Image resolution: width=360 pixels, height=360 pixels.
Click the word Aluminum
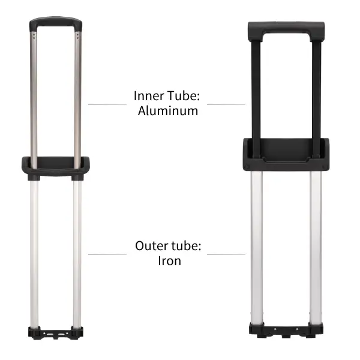coord(167,110)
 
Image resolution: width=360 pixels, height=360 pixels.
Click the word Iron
coord(169,260)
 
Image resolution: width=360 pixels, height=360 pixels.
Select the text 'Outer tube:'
coord(167,246)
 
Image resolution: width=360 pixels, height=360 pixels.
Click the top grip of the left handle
coord(55,23)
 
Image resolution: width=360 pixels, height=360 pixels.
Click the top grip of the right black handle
coord(286,29)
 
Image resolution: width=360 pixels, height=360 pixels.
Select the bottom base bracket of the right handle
coord(286,330)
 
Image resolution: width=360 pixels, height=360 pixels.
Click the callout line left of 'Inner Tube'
coord(107,104)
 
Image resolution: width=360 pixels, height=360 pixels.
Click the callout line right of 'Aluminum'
coord(226,104)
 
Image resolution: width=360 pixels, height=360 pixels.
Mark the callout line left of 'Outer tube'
coord(107,253)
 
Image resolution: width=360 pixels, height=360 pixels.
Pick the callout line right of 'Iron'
coord(226,253)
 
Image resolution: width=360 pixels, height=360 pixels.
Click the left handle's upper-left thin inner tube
coord(34,96)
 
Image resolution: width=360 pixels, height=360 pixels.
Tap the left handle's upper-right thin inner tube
coord(77,96)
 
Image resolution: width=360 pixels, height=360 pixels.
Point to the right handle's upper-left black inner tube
coord(255,90)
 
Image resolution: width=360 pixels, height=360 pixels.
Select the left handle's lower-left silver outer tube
coord(34,252)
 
